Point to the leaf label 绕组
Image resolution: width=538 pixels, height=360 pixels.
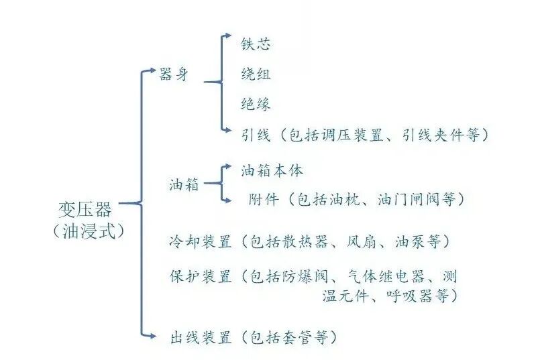coord(256,74)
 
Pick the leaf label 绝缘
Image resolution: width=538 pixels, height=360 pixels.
coord(256,104)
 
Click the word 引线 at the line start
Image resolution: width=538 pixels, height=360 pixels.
coord(256,135)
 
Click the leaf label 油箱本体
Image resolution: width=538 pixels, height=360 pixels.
coord(273,170)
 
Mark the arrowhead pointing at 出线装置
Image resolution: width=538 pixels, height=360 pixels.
coord(160,333)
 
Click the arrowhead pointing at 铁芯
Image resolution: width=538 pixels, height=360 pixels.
coord(229,36)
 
